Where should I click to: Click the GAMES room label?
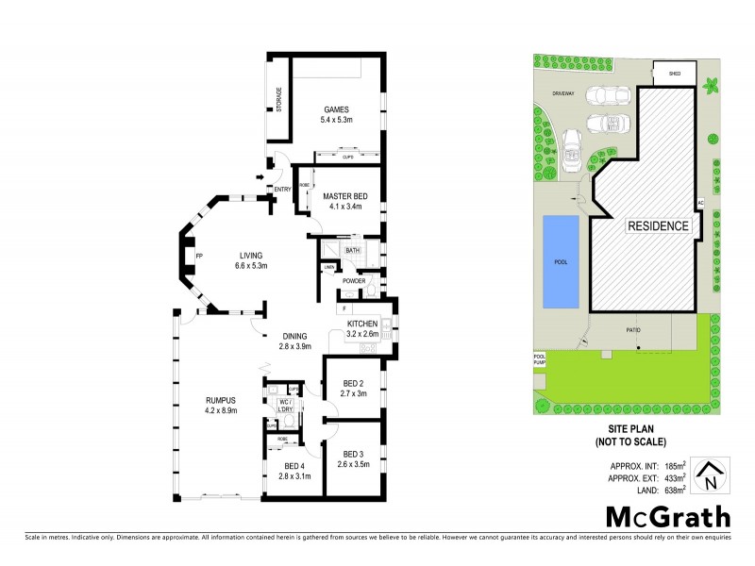pyautogui.click(x=337, y=109)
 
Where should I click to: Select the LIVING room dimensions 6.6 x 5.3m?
pyautogui.click(x=252, y=266)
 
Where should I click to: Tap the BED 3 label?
pyautogui.click(x=353, y=454)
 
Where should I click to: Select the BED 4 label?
pyautogui.click(x=293, y=466)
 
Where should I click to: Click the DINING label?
pyautogui.click(x=294, y=336)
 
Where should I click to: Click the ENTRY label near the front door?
pyautogui.click(x=282, y=190)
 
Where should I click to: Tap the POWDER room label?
pyautogui.click(x=354, y=281)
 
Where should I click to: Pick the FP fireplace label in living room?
pyautogui.click(x=199, y=256)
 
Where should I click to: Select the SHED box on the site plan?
pyautogui.click(x=675, y=73)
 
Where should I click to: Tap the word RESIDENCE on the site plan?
pyautogui.click(x=660, y=226)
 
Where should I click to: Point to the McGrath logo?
pyautogui.click(x=666, y=517)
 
